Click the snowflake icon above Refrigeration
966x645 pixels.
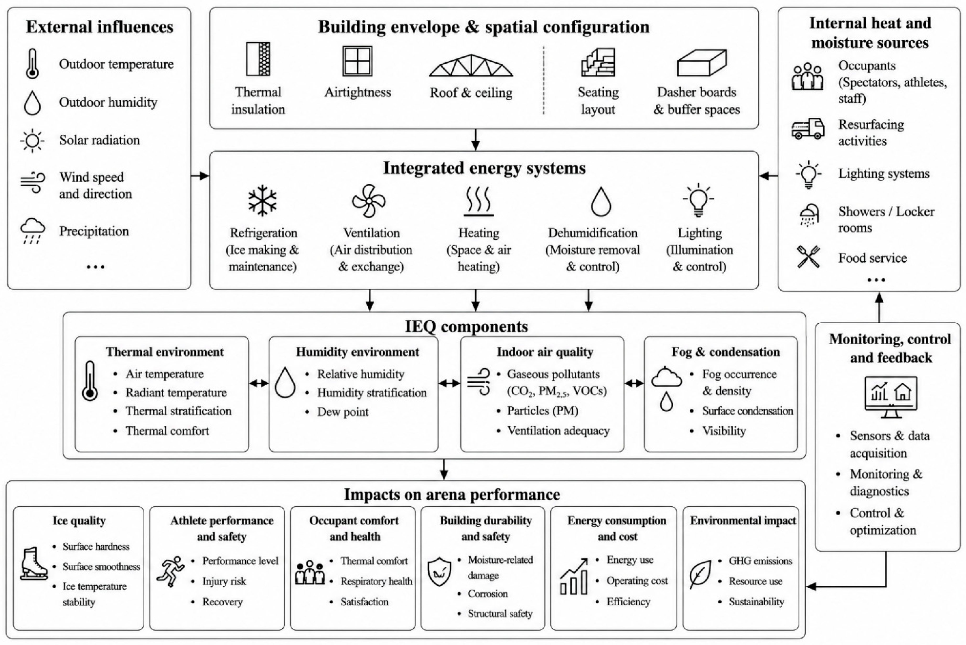coord(263,201)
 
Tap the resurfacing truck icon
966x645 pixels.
coord(808,129)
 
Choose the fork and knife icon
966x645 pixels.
coord(808,257)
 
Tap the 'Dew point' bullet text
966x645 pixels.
coord(343,412)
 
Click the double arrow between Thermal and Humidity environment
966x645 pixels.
coord(259,383)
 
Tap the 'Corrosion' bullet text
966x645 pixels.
coord(488,594)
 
